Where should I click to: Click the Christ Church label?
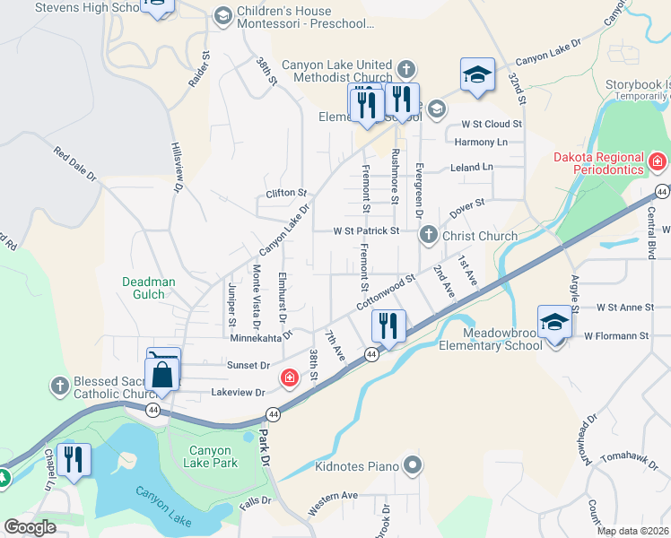pyautogui.click(x=480, y=237)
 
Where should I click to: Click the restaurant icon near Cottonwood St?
pyautogui.click(x=388, y=325)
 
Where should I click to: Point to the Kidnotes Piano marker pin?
pyautogui.click(x=413, y=465)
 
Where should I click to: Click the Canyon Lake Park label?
pyautogui.click(x=213, y=456)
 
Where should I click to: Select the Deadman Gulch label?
pyautogui.click(x=144, y=288)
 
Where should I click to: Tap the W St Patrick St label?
pyautogui.click(x=366, y=230)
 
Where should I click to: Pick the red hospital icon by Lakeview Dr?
pyautogui.click(x=289, y=377)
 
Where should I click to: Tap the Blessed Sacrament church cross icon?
pyautogui.click(x=60, y=386)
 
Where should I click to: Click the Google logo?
pyautogui.click(x=29, y=527)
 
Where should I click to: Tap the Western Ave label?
pyautogui.click(x=333, y=495)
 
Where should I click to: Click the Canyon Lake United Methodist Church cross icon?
pyautogui.click(x=406, y=69)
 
